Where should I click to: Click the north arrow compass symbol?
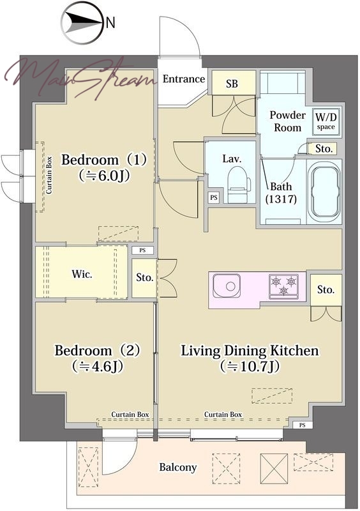pyautogui.click(x=83, y=23)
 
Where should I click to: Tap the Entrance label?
pyautogui.click(x=183, y=79)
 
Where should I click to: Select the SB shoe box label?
pyautogui.click(x=232, y=84)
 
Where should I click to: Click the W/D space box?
pyautogui.click(x=326, y=121)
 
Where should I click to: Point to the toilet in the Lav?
pyautogui.click(x=239, y=185)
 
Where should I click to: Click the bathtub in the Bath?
pyautogui.click(x=324, y=192)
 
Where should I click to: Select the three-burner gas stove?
pyautogui.click(x=283, y=286)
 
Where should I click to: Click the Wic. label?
pyautogui.click(x=82, y=273)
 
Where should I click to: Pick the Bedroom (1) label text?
pyautogui.click(x=104, y=160)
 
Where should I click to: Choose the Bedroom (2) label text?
pyautogui.click(x=98, y=350)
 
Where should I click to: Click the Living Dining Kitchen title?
pyautogui.click(x=250, y=351)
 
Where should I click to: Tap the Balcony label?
pyautogui.click(x=178, y=468)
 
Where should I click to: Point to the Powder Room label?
pyautogui.click(x=287, y=121)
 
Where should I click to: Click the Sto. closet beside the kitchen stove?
pyautogui.click(x=326, y=290)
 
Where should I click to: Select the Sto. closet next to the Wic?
pyautogui.click(x=145, y=278)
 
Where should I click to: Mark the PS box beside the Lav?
pyautogui.click(x=213, y=197)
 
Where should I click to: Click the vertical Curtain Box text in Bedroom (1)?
pyautogui.click(x=49, y=175)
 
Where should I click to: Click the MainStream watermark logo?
pyautogui.click(x=80, y=77)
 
